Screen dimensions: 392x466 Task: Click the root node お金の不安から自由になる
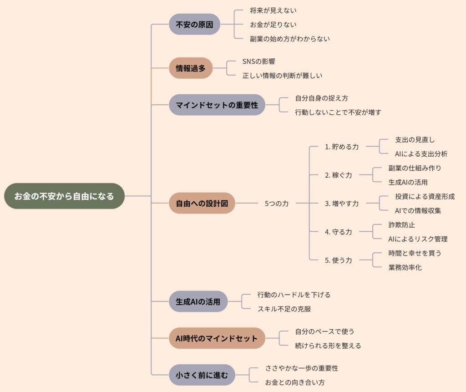(x=64, y=196)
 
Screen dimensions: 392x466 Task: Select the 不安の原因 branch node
(x=194, y=24)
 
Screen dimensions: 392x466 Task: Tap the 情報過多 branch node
(x=191, y=68)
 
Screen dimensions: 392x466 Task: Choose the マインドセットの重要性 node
(x=217, y=105)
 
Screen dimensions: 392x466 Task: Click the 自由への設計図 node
(x=202, y=203)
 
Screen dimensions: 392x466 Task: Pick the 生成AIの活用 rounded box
(x=198, y=301)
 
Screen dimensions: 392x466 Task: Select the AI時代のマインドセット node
(x=217, y=338)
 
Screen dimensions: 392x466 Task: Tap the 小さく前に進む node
(x=202, y=375)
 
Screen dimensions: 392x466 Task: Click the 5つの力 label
(x=277, y=204)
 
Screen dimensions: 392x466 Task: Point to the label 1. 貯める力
(x=342, y=147)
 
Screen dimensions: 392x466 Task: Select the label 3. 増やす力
(x=342, y=204)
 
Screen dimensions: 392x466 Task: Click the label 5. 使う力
(x=339, y=260)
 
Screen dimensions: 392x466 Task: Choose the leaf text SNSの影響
(x=258, y=61)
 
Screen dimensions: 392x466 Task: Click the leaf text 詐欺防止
(x=401, y=224)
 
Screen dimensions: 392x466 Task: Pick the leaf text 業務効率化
(x=405, y=267)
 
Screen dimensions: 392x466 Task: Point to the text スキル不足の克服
(x=284, y=309)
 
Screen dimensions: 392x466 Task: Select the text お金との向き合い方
(x=295, y=382)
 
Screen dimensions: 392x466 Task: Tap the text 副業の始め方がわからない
(x=289, y=39)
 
